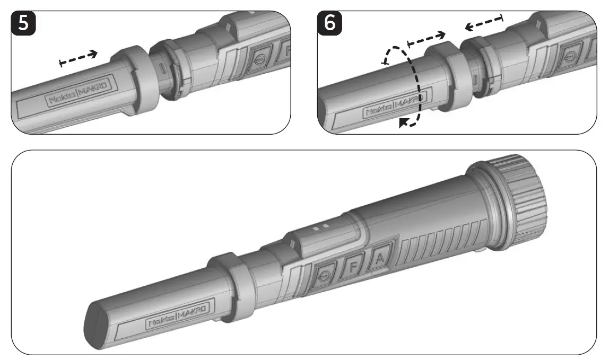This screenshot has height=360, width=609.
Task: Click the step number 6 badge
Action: coord(329,23)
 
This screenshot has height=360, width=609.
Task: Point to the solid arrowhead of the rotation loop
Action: coord(406,123)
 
